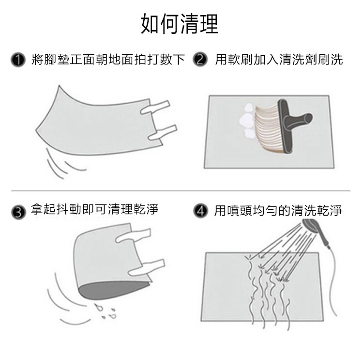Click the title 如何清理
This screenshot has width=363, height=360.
(x=180, y=24)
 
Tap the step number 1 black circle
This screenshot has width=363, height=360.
(x=18, y=60)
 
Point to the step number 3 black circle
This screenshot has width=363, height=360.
(x=18, y=212)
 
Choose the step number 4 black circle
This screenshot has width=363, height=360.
(x=200, y=211)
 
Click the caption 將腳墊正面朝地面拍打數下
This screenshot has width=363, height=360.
(x=108, y=60)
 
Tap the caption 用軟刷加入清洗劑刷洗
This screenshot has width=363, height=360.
(x=279, y=59)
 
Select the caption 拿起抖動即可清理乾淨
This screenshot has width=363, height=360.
(x=95, y=209)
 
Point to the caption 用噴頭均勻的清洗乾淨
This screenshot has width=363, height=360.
(x=278, y=210)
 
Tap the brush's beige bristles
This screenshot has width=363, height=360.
(x=269, y=127)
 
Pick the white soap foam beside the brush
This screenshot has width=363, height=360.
(x=247, y=121)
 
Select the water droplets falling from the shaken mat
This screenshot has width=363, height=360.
(x=106, y=311)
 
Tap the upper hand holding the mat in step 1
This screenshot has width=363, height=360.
(x=155, y=107)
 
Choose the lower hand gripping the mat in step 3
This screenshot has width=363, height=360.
(x=146, y=267)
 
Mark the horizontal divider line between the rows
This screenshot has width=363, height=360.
(x=181, y=191)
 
